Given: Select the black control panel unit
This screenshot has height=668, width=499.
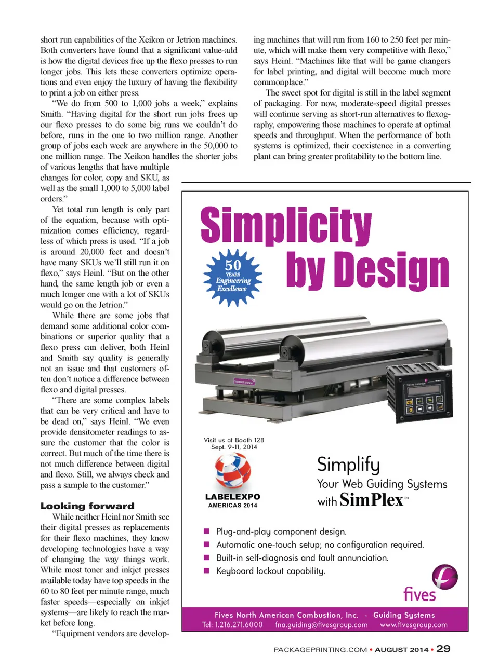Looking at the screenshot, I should tap(419, 390).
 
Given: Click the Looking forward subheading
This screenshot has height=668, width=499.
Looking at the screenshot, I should tap(87, 506).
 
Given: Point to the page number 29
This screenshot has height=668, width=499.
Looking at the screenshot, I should tap(443, 649).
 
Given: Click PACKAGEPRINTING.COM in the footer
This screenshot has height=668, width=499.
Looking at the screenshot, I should tap(320, 649).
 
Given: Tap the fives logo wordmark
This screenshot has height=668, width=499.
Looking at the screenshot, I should tap(419, 594).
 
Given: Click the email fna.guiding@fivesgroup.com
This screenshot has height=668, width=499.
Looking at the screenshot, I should tap(321, 625).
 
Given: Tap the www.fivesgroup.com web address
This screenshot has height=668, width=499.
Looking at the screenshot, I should tap(414, 625).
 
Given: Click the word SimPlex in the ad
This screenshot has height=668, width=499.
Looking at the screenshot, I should tap(372, 500).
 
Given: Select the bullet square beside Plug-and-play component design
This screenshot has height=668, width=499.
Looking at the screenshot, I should tap(206, 531).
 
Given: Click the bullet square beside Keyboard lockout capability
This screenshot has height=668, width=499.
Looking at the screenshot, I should tap(206, 570).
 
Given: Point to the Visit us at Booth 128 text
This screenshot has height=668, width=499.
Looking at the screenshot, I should tap(234, 440).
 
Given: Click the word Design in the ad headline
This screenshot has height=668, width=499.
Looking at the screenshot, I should tap(392, 270).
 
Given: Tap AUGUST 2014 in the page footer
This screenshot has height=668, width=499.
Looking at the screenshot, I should tap(402, 649).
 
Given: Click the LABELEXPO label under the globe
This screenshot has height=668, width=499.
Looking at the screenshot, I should tap(232, 497).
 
